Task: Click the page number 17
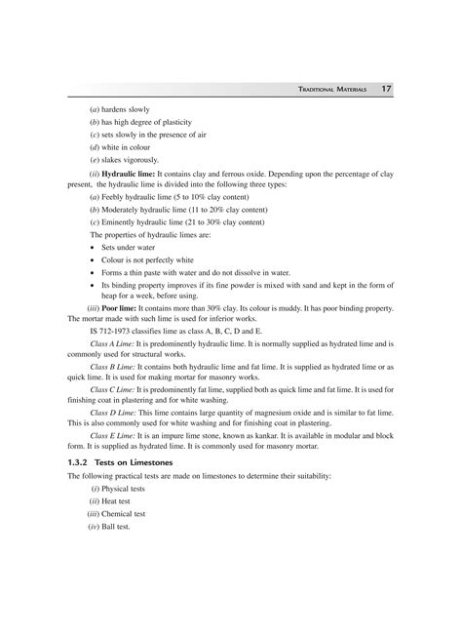click(x=387, y=89)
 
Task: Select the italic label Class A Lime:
click(x=114, y=343)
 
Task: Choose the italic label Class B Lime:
click(x=114, y=369)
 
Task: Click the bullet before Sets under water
click(x=104, y=248)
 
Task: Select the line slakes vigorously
click(x=133, y=159)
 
